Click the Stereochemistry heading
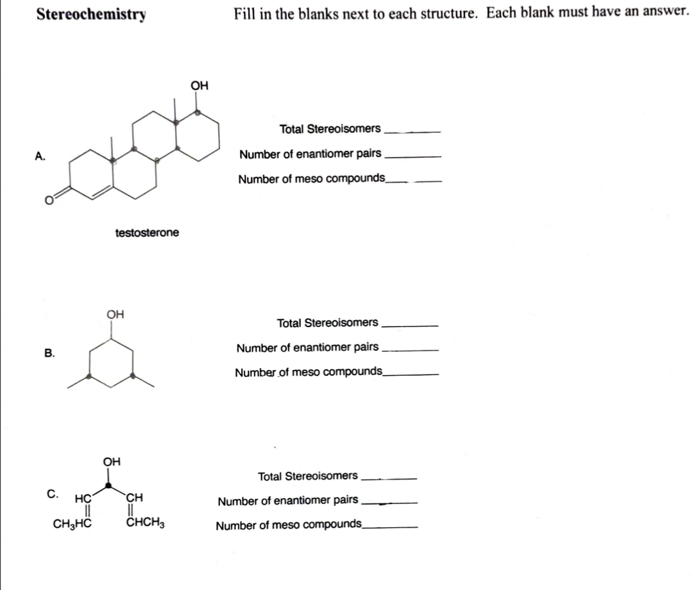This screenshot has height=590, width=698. (x=90, y=14)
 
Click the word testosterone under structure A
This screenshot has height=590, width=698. (x=147, y=232)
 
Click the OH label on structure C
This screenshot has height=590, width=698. (x=112, y=461)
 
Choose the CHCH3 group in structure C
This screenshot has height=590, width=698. (x=147, y=522)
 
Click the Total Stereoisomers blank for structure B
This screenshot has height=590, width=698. (x=409, y=325)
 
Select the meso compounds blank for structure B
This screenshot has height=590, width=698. (x=411, y=375)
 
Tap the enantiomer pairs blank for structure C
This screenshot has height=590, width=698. (x=389, y=503)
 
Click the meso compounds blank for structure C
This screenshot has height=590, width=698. (x=389, y=528)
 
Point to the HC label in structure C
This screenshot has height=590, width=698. (x=83, y=497)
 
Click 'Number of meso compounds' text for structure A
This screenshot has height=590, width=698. (x=311, y=178)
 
